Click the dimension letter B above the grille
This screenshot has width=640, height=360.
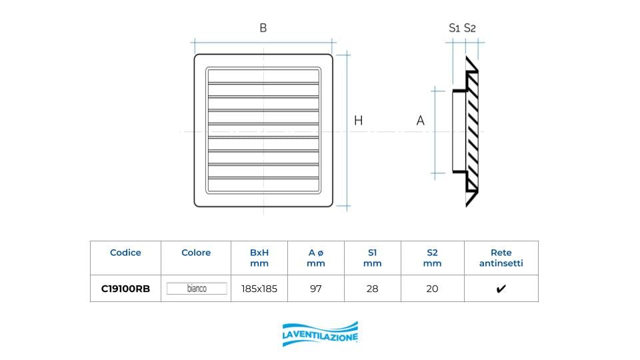point(263,28)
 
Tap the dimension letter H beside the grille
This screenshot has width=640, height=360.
point(358,121)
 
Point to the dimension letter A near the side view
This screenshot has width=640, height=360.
point(420,121)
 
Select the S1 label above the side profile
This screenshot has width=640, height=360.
point(455,28)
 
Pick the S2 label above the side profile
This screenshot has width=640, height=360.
point(470,28)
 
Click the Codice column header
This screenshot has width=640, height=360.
point(125,253)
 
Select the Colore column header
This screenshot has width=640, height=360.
point(196,253)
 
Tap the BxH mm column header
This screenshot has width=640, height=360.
point(259,258)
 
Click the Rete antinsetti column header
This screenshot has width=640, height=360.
point(501,258)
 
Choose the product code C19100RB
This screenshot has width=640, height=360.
point(125,289)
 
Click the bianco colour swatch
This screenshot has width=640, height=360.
point(196,289)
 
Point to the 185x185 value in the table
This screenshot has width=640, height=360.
point(259,289)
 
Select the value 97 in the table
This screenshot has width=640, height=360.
point(316,289)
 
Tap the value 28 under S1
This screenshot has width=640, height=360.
point(372,289)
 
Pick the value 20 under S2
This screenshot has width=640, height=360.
point(432,289)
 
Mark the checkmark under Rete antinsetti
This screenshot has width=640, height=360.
point(501,289)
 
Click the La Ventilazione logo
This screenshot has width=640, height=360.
point(320,334)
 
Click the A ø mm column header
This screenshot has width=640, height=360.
point(316,258)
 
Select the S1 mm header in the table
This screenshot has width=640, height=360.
point(372,258)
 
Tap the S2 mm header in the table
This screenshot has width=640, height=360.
point(432,258)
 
